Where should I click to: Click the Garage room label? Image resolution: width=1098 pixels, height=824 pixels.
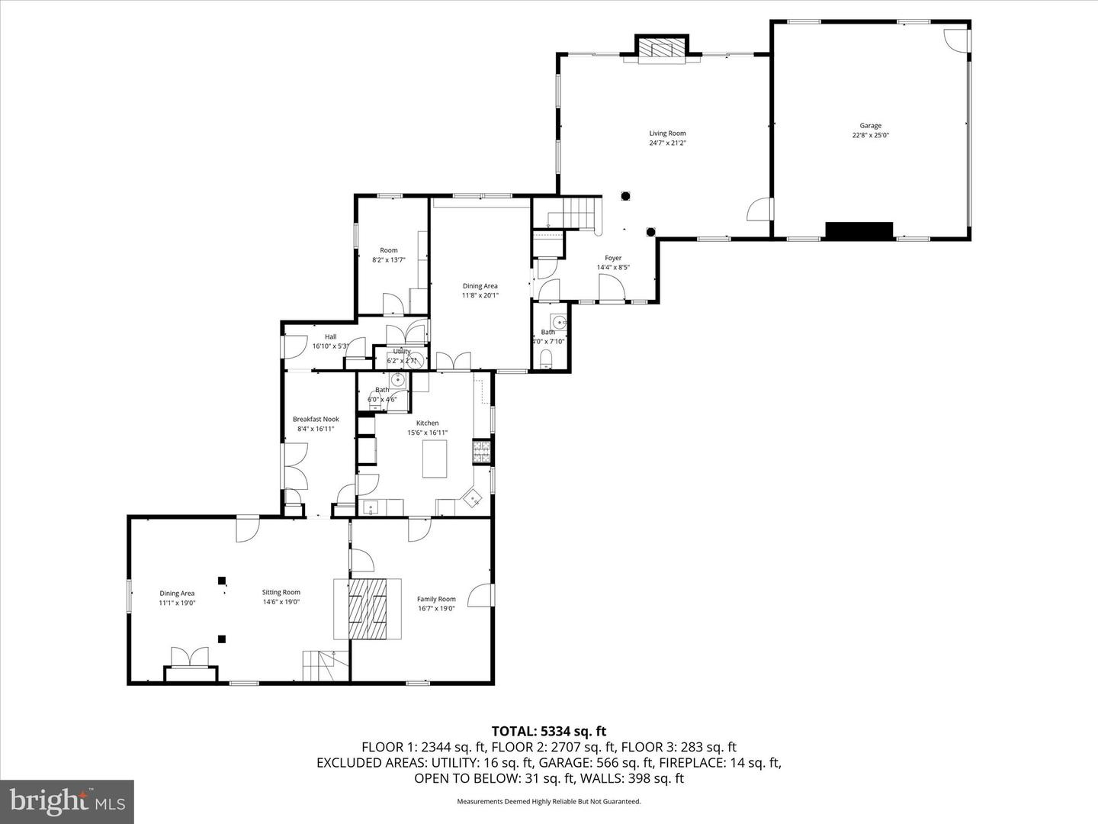click(x=870, y=126)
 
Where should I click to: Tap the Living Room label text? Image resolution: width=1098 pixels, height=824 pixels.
click(x=667, y=134)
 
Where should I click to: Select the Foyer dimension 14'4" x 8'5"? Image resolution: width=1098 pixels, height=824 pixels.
click(x=613, y=268)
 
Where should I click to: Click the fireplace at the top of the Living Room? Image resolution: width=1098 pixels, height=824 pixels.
click(x=662, y=49)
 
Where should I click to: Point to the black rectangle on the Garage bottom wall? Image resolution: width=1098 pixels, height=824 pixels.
click(x=859, y=231)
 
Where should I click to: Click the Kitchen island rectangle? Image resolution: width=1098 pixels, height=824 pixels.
click(x=435, y=459)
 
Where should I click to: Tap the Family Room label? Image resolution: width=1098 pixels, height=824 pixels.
click(x=436, y=600)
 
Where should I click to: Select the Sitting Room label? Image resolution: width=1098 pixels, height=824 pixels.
click(x=281, y=592)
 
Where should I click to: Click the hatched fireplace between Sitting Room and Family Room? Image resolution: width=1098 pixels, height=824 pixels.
click(x=368, y=608)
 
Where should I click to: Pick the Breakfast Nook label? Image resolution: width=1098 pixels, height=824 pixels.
click(x=316, y=419)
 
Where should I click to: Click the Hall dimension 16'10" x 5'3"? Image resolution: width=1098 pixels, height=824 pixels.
click(x=330, y=346)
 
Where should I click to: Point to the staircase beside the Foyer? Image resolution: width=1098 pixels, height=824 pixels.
click(x=577, y=212)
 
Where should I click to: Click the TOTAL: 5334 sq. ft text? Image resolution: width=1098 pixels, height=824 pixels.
click(x=548, y=732)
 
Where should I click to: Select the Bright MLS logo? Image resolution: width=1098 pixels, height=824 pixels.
click(x=67, y=801)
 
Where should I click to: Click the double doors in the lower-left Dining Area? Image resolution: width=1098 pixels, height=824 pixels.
click(x=189, y=657)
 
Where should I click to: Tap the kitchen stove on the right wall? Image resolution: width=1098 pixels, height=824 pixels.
click(x=481, y=452)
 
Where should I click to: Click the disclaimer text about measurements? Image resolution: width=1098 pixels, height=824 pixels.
click(x=548, y=801)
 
